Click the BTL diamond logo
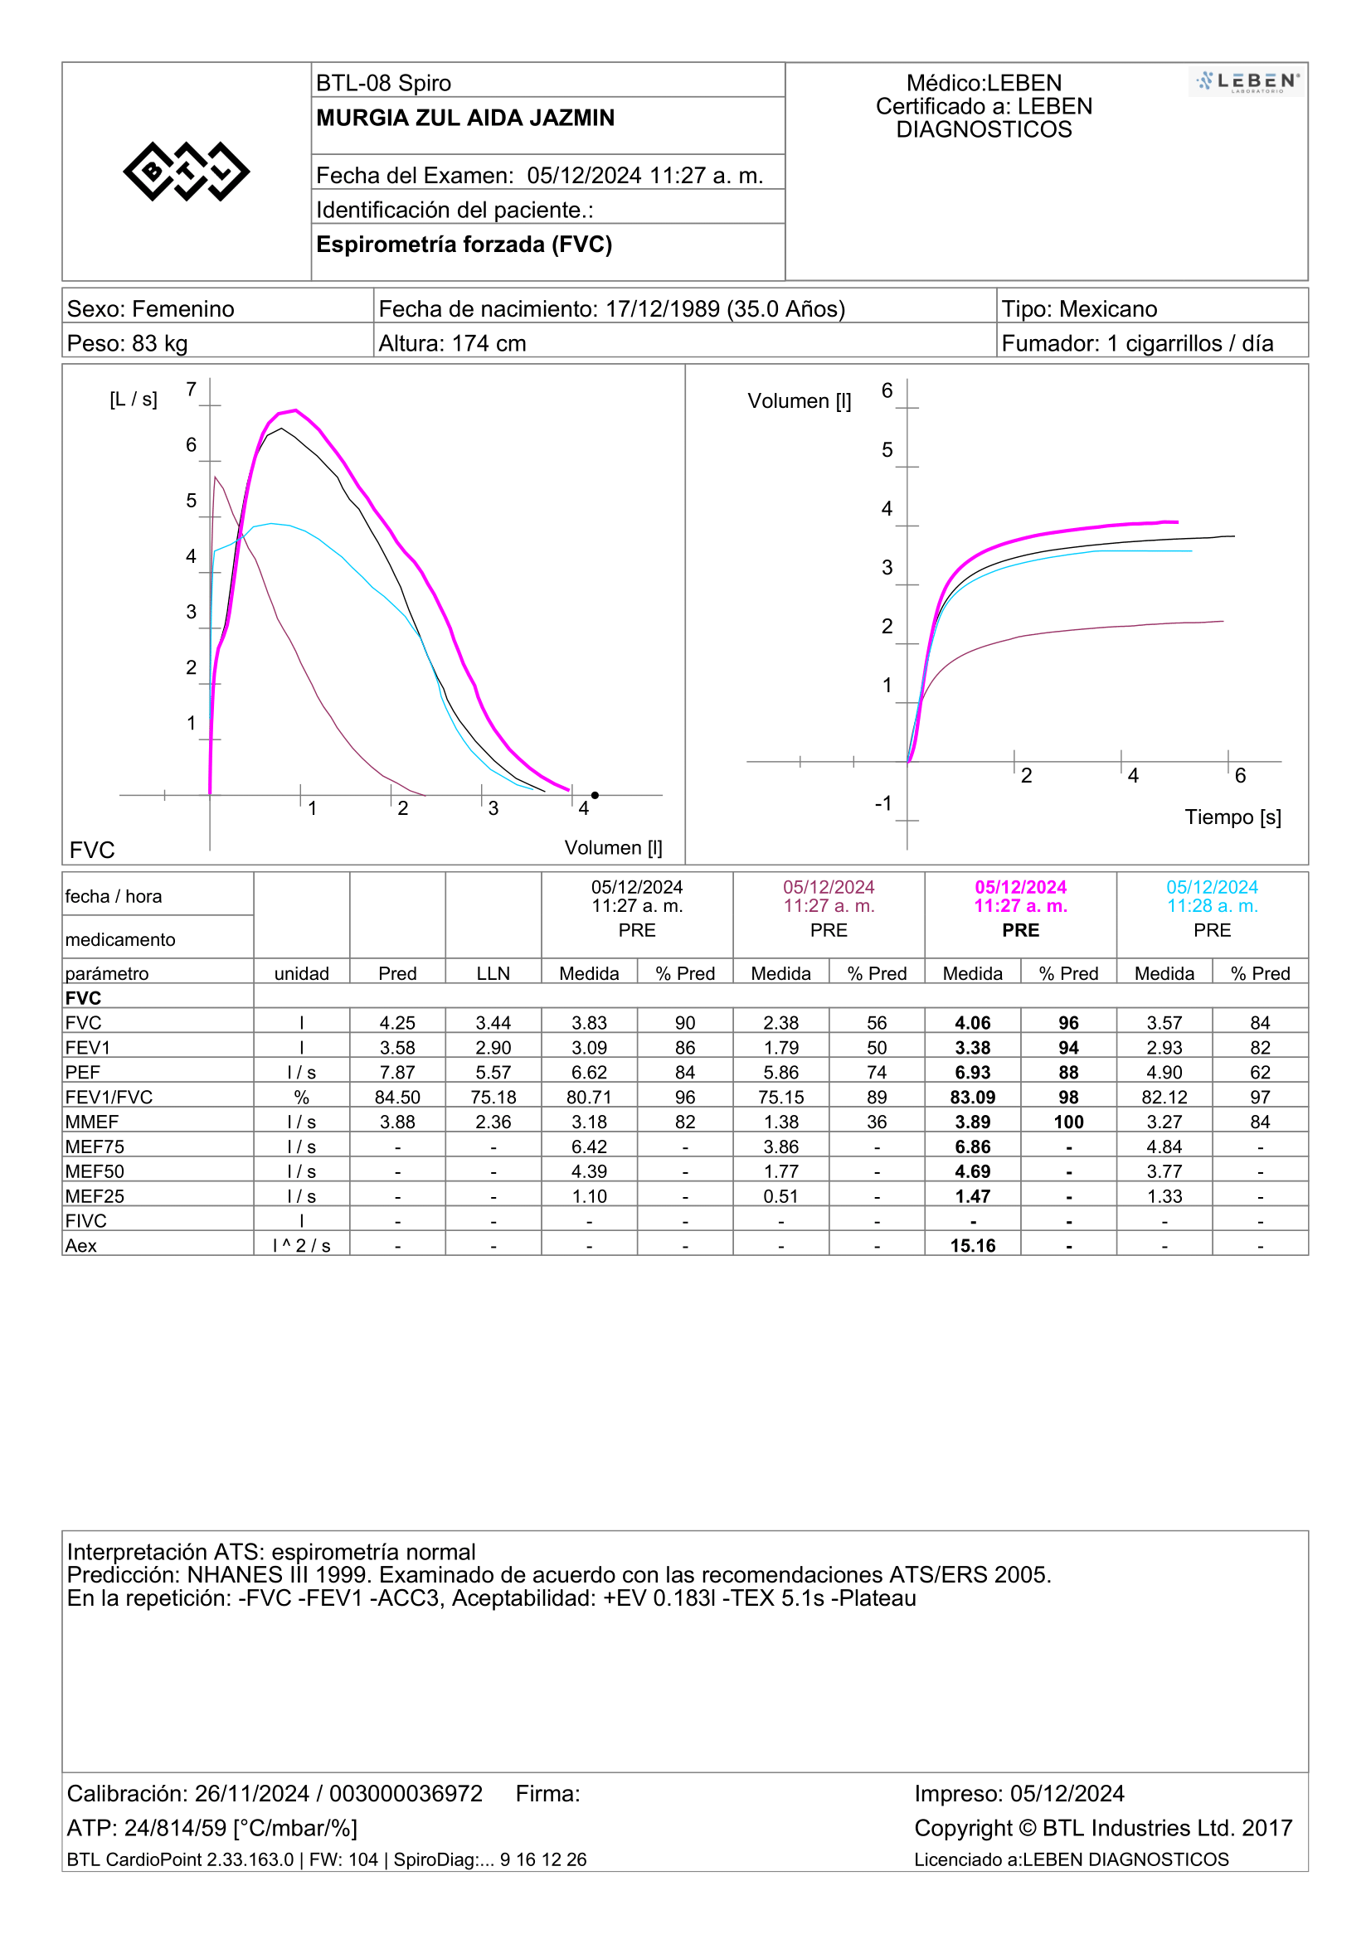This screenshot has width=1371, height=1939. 186,172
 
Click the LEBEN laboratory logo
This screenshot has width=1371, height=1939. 1247,82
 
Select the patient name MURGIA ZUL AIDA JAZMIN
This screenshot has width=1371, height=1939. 465,118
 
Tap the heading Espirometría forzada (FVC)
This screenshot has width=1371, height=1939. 464,244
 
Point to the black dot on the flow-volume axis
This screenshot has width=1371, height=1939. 595,795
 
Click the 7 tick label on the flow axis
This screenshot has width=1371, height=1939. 192,390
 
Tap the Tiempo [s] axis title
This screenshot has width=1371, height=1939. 1232,817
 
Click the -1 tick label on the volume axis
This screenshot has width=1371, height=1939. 882,803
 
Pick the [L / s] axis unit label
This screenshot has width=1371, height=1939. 134,400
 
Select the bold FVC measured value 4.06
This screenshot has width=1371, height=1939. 972,1023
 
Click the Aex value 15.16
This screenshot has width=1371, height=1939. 972,1246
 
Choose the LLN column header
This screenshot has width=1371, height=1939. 493,974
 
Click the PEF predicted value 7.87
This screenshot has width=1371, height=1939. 397,1073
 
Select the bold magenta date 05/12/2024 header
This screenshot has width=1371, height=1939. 1020,887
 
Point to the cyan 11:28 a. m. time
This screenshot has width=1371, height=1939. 1213,906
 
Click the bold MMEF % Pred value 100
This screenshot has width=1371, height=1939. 1068,1122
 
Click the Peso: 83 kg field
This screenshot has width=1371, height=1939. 128,344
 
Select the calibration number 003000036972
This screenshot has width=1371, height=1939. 406,1793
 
